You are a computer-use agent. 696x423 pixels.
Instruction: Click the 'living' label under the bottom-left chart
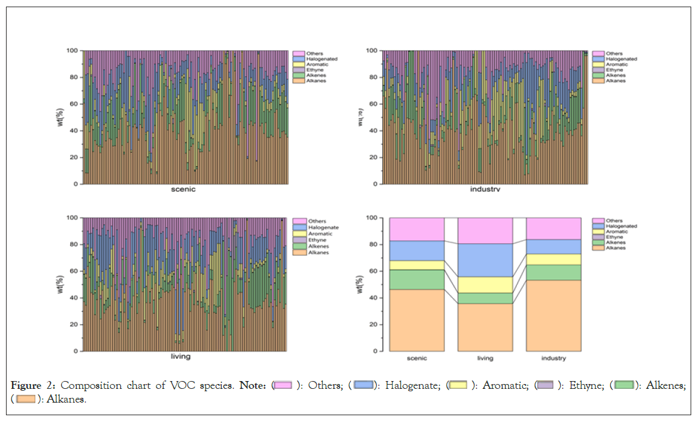pos(180,356)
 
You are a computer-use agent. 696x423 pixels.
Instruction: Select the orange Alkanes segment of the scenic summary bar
pos(417,320)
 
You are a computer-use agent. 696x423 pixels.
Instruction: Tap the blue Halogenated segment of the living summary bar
pos(485,260)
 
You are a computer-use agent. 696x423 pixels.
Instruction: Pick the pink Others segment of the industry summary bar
pos(553,228)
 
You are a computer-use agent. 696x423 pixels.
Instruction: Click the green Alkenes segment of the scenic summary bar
pos(417,279)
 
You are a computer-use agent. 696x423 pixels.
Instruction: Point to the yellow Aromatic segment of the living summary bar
pos(485,285)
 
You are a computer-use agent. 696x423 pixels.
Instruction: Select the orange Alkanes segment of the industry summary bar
pos(553,315)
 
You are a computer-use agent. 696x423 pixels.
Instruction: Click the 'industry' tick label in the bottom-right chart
pos(553,358)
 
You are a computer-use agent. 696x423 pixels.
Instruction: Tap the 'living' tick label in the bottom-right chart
pos(485,358)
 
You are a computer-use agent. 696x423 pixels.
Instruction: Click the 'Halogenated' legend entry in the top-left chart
pos(322,59)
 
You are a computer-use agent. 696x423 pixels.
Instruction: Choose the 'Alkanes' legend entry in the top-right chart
pos(615,80)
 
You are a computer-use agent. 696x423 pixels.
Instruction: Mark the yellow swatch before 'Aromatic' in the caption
pos(459,385)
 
